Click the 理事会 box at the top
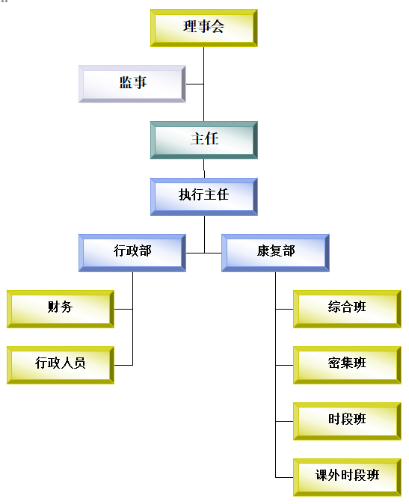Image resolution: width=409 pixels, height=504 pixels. (204, 28)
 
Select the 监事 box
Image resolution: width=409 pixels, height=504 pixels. (132, 84)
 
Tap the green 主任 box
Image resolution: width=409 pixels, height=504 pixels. (204, 140)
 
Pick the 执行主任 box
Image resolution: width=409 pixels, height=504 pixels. (204, 197)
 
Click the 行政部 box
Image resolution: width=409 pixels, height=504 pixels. (132, 253)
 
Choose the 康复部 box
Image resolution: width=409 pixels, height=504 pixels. (276, 253)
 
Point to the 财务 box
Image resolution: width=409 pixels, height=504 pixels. (61, 310)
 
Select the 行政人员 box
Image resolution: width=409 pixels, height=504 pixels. (61, 365)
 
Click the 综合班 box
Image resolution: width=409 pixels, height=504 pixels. (347, 310)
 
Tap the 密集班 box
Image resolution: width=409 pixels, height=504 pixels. (347, 365)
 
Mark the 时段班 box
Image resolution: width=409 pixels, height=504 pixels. (347, 422)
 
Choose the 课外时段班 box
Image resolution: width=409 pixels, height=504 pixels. (347, 478)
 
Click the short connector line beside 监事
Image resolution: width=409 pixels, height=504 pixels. (195, 84)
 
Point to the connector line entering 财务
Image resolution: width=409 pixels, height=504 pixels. (123, 310)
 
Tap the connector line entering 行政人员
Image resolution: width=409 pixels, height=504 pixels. (123, 365)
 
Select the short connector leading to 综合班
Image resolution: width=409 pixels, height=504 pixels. (284, 310)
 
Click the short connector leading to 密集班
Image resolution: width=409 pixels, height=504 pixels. (284, 365)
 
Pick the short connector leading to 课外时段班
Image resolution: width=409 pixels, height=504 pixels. (284, 478)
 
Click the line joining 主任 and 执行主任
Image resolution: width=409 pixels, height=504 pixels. (204, 168)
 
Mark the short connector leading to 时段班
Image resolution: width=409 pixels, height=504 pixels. (284, 422)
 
